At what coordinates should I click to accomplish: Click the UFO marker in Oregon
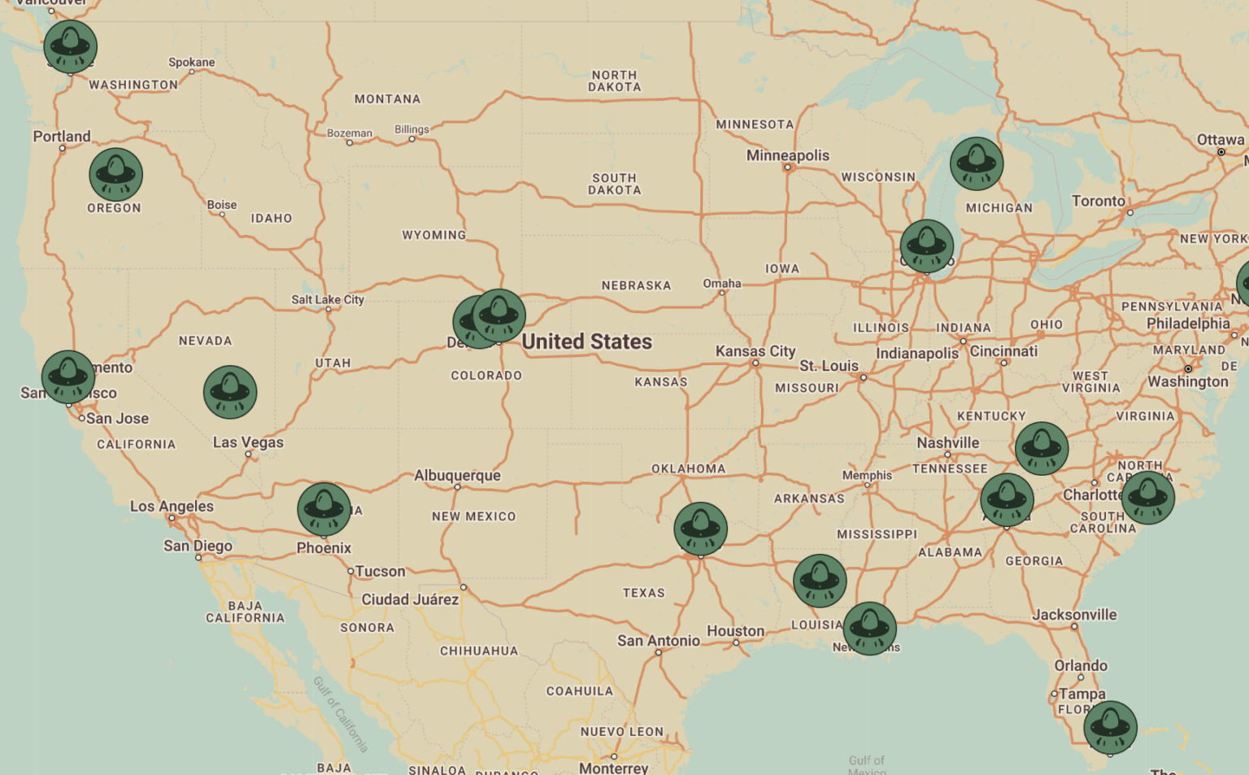tap(116, 175)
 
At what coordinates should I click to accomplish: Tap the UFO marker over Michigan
tap(977, 163)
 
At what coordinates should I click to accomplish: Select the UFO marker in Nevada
tap(230, 392)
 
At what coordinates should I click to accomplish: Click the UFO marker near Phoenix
tap(324, 509)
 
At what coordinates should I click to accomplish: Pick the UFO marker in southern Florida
tap(1111, 727)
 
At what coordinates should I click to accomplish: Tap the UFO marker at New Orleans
tap(870, 628)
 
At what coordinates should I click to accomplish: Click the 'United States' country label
tap(586, 342)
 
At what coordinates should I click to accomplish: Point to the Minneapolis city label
tap(788, 155)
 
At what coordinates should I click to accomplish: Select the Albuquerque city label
tap(457, 475)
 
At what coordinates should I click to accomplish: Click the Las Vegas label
tap(248, 442)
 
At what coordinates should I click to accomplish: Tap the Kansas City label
tap(755, 351)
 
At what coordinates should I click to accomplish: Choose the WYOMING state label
tap(434, 235)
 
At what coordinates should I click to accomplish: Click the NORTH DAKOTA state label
tap(615, 81)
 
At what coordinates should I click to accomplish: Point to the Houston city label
tap(735, 631)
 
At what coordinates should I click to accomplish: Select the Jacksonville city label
tap(1074, 615)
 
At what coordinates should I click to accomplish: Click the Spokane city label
tap(192, 63)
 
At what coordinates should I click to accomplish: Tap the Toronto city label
tap(1099, 201)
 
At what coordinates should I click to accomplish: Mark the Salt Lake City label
tap(328, 299)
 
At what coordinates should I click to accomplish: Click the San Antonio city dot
tap(659, 652)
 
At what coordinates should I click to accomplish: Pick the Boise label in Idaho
tap(222, 205)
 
